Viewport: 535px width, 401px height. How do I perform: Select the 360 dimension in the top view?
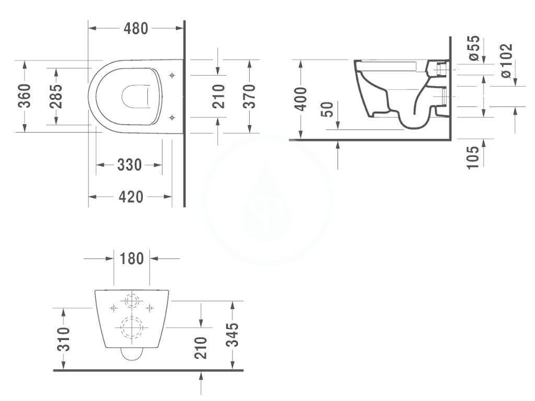(x=24, y=96)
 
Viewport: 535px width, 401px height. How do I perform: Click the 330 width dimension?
(x=129, y=165)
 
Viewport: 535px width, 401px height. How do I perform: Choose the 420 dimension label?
(x=130, y=197)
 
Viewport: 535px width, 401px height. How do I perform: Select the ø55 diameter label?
(x=473, y=49)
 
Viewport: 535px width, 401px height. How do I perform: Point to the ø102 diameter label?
(x=505, y=60)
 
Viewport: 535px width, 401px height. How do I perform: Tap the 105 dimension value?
(x=473, y=157)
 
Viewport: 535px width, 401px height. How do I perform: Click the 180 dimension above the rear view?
(x=132, y=258)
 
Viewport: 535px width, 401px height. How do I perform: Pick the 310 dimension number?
(x=63, y=340)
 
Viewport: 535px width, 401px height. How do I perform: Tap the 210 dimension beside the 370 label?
(x=218, y=96)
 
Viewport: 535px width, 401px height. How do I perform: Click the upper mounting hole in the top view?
(x=172, y=76)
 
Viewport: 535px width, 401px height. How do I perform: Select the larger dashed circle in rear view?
(x=131, y=327)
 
